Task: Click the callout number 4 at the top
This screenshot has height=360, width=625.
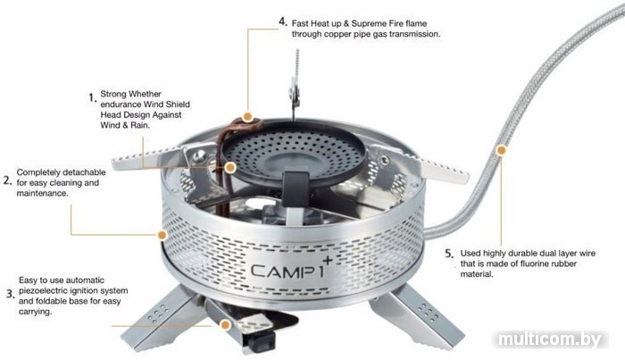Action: click(283, 21)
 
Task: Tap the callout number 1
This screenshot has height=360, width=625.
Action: click(93, 97)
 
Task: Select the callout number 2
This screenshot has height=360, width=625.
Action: click(7, 180)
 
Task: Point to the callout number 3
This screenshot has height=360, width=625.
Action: click(10, 294)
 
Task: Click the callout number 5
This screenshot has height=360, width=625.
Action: click(449, 254)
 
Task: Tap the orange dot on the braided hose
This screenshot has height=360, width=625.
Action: click(502, 150)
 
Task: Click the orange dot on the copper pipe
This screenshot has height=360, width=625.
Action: click(247, 117)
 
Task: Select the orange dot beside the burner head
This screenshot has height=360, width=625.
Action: click(230, 167)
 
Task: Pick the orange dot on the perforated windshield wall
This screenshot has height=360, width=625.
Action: click(162, 235)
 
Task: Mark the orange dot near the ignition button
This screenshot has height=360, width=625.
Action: click(226, 325)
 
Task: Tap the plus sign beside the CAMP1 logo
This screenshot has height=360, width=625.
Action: click(328, 261)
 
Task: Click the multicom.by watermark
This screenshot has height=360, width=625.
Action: click(549, 339)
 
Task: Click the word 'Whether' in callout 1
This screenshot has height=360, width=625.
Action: click(145, 94)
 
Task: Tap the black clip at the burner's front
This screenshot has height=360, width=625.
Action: click(296, 183)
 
